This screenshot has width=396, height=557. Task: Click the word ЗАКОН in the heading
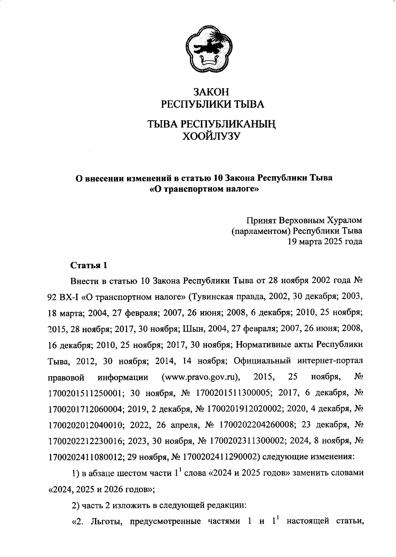pyautogui.click(x=211, y=92)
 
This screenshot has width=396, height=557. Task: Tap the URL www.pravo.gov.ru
pyautogui.click(x=201, y=377)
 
